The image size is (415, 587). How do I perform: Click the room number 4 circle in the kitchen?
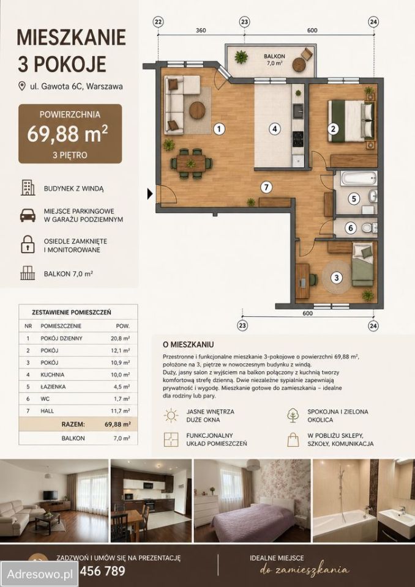point(275,129)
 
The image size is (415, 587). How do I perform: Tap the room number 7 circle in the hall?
point(266,187)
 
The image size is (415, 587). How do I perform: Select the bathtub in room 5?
point(359,178)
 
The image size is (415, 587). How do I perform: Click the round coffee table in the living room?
point(197,111)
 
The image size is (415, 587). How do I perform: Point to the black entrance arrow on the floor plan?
point(150,194)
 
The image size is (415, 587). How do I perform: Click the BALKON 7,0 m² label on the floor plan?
point(274,59)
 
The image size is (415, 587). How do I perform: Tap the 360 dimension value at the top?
point(201,31)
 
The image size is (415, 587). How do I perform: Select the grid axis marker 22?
point(158,22)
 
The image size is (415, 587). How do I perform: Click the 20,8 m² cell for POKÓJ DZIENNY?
point(121,338)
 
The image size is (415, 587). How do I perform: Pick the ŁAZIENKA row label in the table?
point(53,386)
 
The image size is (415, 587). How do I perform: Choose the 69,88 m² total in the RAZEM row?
point(118,424)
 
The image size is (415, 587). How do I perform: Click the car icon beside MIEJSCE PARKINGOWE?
point(28,215)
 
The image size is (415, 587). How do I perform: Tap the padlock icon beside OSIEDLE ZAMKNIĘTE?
point(28,245)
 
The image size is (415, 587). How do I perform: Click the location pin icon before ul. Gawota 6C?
point(22,86)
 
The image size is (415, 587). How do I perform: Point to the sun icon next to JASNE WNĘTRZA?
point(171,415)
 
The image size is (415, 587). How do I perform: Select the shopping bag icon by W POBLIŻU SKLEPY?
point(293,440)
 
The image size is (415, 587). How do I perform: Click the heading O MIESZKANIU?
point(188,344)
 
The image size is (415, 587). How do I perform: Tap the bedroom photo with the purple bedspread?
point(252,501)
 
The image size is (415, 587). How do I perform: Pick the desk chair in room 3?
point(313,279)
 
